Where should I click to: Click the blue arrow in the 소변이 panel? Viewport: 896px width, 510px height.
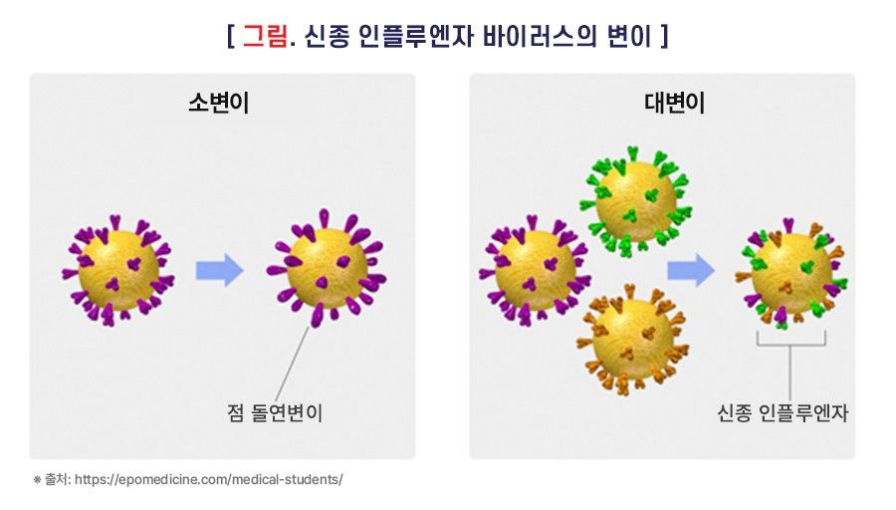(x=219, y=270)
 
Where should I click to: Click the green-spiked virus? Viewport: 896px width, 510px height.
(x=635, y=198)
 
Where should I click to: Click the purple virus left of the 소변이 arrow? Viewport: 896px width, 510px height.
(x=118, y=270)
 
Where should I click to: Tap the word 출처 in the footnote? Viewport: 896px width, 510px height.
(x=57, y=479)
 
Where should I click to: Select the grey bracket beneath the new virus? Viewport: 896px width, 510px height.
(x=790, y=340)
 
